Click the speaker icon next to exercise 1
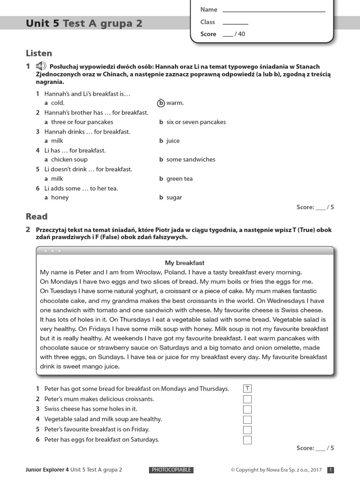click(41, 66)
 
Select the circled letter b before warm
click(161, 103)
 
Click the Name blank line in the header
click(274, 10)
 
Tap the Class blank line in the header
click(235, 22)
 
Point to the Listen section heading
click(39, 53)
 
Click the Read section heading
click(37, 217)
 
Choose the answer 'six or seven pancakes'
click(196, 122)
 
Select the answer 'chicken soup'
click(69, 160)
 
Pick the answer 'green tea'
click(179, 179)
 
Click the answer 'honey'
click(60, 197)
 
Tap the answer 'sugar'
click(174, 197)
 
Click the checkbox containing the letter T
click(247, 389)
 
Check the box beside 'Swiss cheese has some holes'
click(247, 409)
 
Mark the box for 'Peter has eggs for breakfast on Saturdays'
click(247, 440)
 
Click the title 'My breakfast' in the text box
click(185, 263)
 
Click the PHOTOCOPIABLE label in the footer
click(171, 470)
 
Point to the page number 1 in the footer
click(330, 470)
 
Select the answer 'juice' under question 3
click(173, 141)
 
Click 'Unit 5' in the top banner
click(43, 23)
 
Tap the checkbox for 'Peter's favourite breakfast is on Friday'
click(247, 429)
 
